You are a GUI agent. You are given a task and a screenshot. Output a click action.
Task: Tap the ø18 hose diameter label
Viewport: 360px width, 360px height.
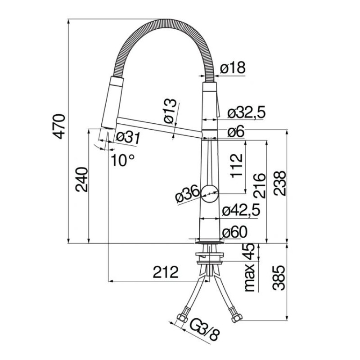(233, 68)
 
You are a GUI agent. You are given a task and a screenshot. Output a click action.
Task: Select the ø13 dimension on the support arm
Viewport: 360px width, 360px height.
(171, 111)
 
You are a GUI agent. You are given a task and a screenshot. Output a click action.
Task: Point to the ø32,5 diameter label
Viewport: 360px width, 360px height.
(247, 112)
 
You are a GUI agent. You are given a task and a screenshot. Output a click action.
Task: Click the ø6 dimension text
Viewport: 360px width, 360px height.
(236, 131)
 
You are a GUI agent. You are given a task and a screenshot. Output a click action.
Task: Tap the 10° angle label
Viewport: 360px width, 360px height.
(122, 160)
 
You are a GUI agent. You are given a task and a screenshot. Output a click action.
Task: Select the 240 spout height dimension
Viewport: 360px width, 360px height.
(82, 179)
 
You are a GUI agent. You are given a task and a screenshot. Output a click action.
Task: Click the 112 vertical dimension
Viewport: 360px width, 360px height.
(237, 166)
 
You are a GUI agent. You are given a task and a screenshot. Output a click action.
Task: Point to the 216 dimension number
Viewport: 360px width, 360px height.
(260, 186)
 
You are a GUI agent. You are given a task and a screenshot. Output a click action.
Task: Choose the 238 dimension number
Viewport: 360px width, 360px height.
(279, 183)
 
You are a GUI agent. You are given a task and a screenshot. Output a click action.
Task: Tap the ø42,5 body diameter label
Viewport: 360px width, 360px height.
(241, 210)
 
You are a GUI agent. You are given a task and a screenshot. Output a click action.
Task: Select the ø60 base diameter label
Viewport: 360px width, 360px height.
(234, 232)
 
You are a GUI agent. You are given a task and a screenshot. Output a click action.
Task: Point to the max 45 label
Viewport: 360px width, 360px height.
(250, 268)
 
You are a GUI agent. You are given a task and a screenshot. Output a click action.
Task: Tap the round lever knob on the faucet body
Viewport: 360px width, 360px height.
(209, 194)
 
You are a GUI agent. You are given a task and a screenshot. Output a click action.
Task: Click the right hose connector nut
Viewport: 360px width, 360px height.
(237, 319)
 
